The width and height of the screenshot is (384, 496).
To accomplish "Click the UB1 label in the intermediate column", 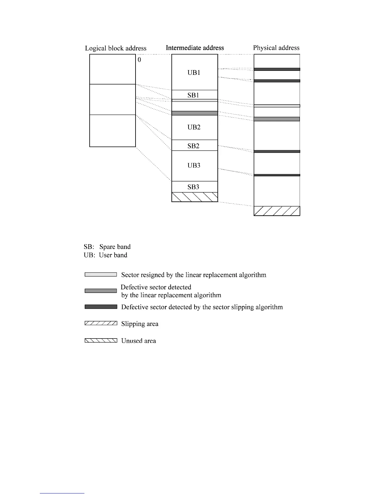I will pos(194,73).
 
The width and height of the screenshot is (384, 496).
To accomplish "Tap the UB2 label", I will pos(194,127).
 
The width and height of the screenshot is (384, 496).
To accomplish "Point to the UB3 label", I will pos(194,165).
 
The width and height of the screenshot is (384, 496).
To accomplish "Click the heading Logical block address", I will pos(116,48).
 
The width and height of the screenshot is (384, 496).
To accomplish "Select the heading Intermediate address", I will pos(195,48).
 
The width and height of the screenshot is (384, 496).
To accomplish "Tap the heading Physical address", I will pos(276,48).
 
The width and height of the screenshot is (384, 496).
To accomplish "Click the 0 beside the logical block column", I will pos(139,59).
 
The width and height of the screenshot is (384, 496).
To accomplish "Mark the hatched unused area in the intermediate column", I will pos(195,197).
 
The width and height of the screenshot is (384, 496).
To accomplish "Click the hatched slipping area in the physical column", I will pos(277,211).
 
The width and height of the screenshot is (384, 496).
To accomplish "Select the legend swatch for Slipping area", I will pos(101,323).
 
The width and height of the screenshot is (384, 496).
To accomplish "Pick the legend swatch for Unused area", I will pos(101,340).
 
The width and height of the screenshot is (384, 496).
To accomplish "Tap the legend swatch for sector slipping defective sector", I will pos(101,307).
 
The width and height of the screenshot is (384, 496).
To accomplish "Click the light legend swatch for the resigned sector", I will pos(101,275).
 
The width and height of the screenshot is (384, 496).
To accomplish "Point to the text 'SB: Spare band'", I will pos(107,247).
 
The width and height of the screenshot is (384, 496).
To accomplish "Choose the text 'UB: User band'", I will pos(105,255).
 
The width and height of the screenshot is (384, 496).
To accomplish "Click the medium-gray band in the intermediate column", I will pos(195,113).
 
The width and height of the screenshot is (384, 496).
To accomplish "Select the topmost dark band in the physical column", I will pos(277,69).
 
